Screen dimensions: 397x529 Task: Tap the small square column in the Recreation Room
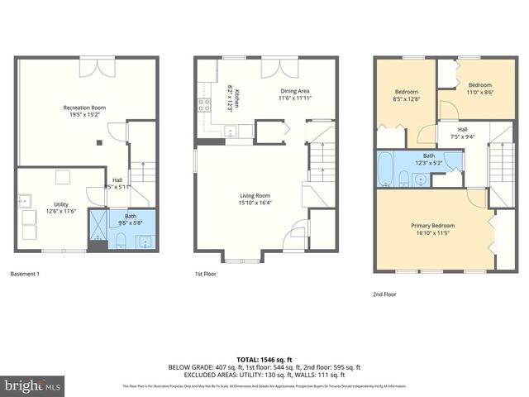point(99,142)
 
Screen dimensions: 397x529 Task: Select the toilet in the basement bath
point(121,241)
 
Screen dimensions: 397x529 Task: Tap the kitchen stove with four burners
point(203,105)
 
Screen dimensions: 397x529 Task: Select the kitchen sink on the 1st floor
point(232,130)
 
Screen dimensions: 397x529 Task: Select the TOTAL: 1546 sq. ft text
point(264,360)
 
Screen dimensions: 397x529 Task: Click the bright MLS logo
point(33,385)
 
